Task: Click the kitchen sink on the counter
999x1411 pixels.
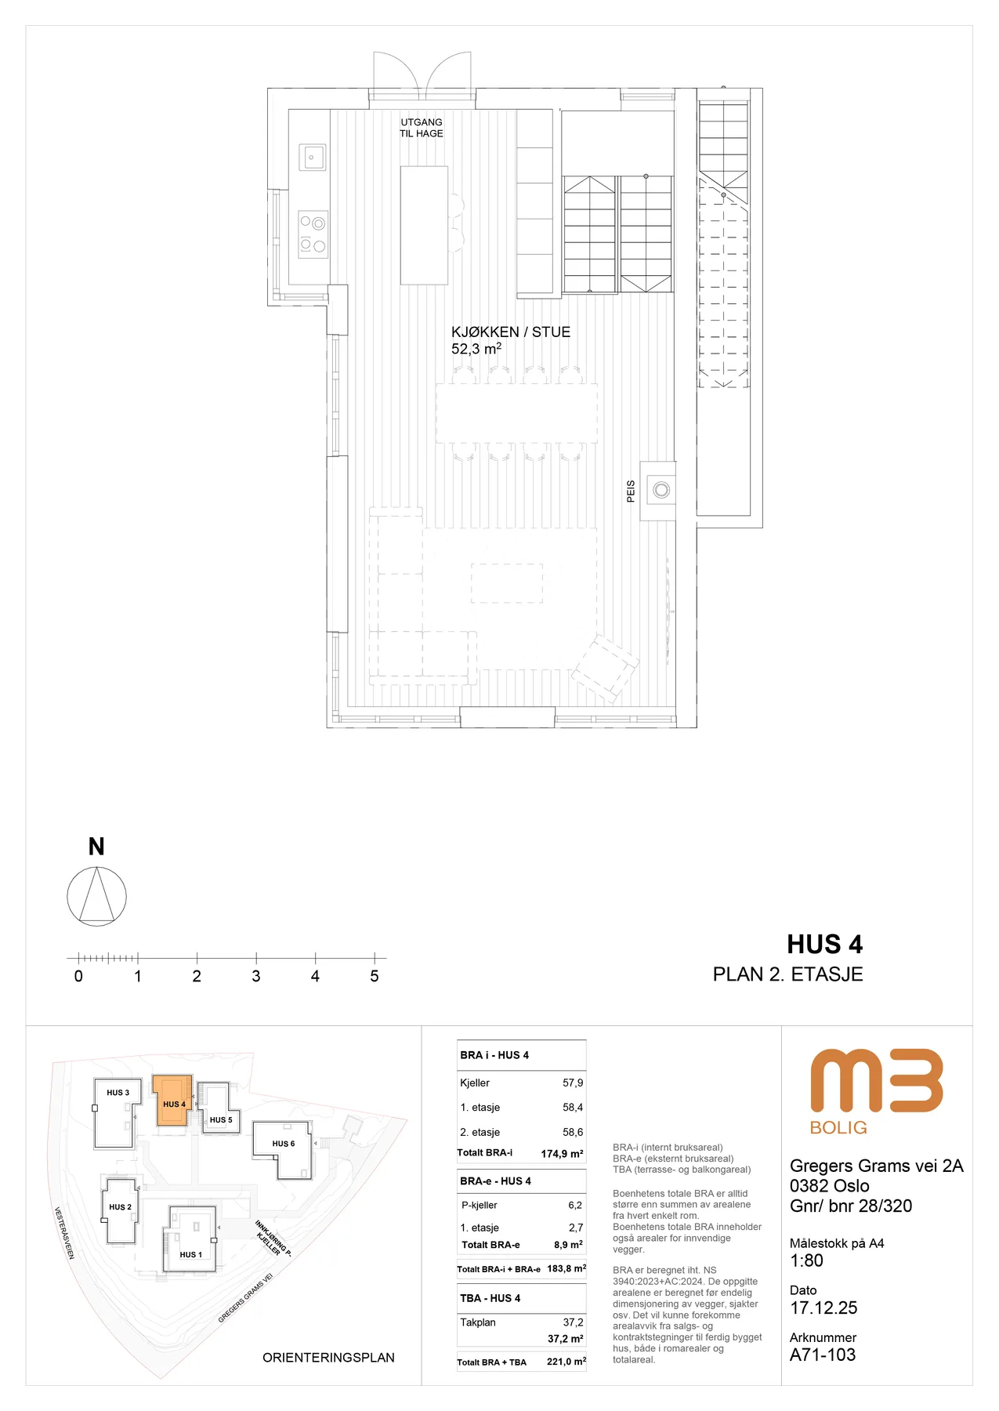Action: coord(312,158)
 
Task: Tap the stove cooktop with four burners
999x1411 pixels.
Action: coord(313,234)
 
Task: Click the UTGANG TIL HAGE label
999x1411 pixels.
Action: coord(422,128)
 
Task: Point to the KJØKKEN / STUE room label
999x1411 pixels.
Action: coord(511,332)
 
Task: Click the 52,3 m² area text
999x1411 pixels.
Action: coord(476,349)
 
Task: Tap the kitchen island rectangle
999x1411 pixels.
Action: coord(424,225)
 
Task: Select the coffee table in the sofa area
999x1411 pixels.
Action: coord(507,583)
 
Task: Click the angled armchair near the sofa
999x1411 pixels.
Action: coord(605,669)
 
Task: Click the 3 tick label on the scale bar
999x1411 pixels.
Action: coord(256,977)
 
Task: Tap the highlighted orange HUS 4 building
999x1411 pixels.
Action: coord(172,1100)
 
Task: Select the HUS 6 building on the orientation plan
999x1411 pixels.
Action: coord(283,1150)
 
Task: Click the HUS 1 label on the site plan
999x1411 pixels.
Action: coord(190,1254)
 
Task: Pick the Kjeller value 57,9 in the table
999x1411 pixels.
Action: coord(573,1083)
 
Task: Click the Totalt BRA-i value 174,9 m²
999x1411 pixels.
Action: coord(562,1153)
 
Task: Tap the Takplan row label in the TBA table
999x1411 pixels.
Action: coord(478,1322)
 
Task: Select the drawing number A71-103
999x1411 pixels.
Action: coord(823,1355)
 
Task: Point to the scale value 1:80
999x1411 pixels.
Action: coord(806,1261)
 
